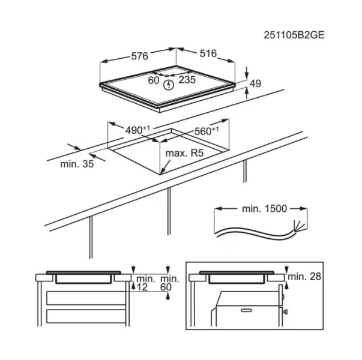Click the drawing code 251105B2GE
click(294, 35)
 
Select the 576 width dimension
click(139, 56)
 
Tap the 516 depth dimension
click(208, 53)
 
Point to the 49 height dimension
click(256, 83)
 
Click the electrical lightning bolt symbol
click(169, 85)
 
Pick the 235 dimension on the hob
click(187, 80)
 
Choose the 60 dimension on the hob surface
click(154, 80)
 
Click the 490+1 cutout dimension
click(137, 130)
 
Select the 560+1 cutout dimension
click(207, 131)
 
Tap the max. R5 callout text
click(185, 153)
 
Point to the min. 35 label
click(77, 164)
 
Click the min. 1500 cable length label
click(264, 209)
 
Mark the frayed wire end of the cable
click(299, 225)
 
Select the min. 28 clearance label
click(304, 277)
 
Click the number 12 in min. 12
click(142, 287)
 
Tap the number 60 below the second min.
click(166, 287)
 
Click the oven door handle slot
click(246, 310)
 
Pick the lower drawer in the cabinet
click(86, 316)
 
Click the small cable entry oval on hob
click(167, 76)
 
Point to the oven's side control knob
click(286, 312)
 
